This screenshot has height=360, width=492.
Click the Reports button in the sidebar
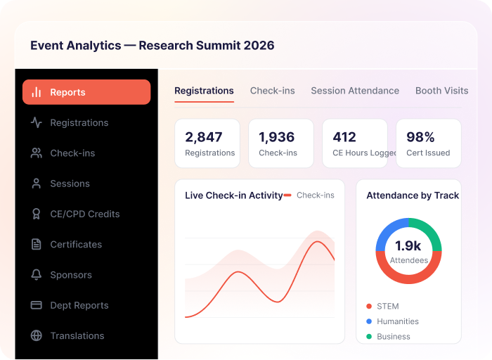tap(86, 92)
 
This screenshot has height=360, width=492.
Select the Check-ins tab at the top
tap(273, 91)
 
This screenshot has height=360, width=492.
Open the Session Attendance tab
tap(355, 91)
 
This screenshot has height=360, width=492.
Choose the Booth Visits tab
tap(442, 91)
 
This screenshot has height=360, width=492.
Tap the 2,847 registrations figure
tap(204, 137)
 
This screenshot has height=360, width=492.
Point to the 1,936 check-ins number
tap(277, 137)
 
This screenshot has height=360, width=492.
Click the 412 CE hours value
tap(344, 137)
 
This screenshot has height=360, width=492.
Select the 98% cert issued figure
tap(420, 137)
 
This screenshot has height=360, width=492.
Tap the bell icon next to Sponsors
tap(37, 275)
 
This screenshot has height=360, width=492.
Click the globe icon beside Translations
tap(37, 335)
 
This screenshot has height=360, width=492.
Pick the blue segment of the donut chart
tap(388, 230)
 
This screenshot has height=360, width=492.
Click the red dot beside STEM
tap(369, 306)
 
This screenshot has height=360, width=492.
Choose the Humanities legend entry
tap(392, 321)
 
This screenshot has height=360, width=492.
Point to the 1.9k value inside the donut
tap(408, 246)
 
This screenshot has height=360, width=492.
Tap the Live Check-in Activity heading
tap(234, 195)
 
